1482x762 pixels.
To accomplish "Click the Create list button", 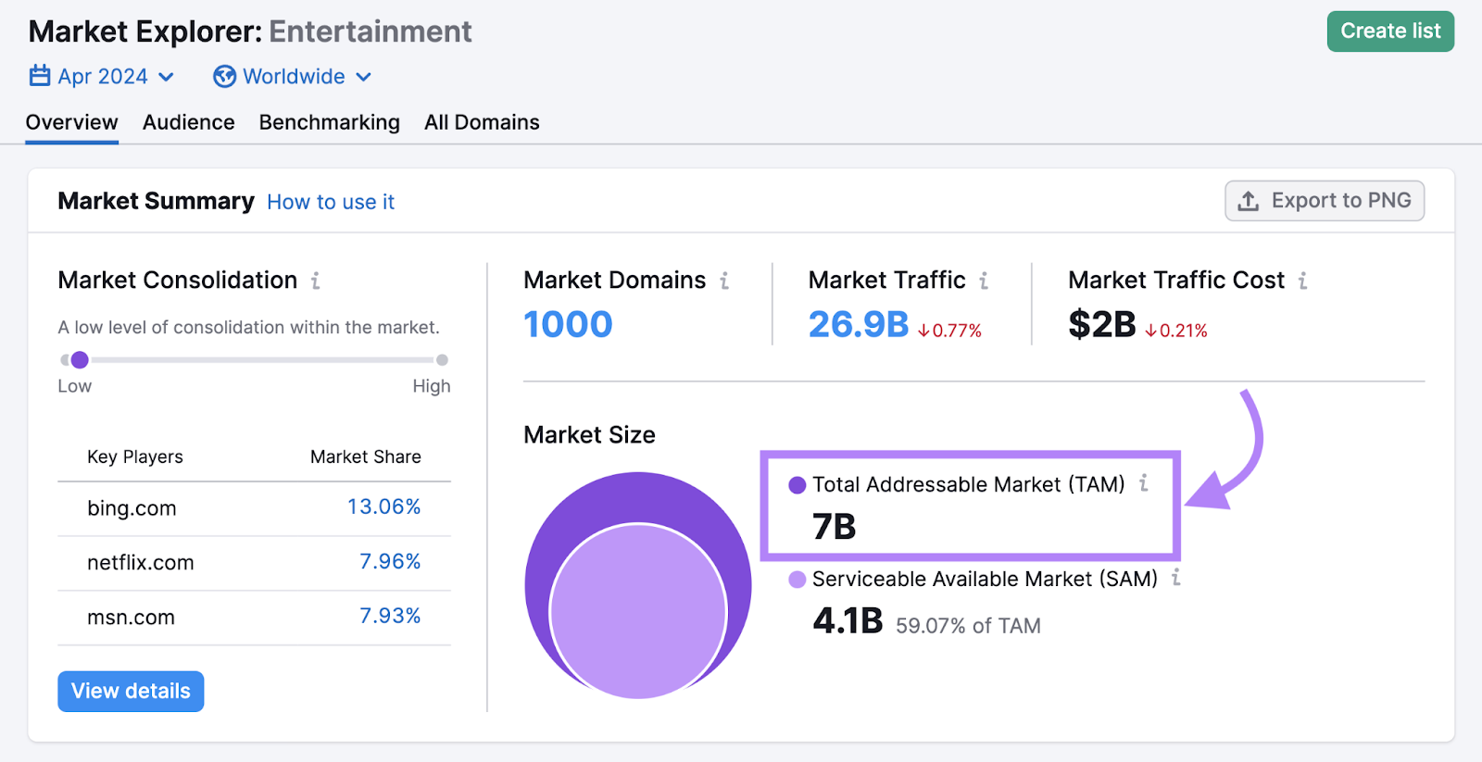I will tap(1389, 31).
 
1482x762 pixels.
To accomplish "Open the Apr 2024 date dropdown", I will tap(102, 77).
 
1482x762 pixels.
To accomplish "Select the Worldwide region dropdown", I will tap(292, 77).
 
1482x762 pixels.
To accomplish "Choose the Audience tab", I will tap(188, 122).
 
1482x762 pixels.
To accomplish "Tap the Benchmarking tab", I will tap(329, 122).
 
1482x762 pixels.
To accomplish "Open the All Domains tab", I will tap(482, 122).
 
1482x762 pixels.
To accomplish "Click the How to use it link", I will tap(331, 202).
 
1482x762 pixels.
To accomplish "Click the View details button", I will tap(131, 692).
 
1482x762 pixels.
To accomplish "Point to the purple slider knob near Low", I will tap(80, 360).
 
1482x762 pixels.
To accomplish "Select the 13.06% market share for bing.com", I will tap(383, 507).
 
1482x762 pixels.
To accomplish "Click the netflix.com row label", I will tap(140, 563).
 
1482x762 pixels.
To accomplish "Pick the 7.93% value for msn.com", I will tap(389, 617).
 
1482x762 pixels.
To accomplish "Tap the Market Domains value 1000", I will tap(568, 325).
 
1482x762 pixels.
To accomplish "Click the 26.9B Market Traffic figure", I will tap(858, 325).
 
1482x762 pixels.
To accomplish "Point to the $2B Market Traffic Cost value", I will tap(1101, 325).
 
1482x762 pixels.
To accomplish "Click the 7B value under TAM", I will tap(834, 527).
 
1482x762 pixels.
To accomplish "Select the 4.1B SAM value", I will tap(848, 621).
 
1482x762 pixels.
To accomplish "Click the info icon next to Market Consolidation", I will tap(316, 281).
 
